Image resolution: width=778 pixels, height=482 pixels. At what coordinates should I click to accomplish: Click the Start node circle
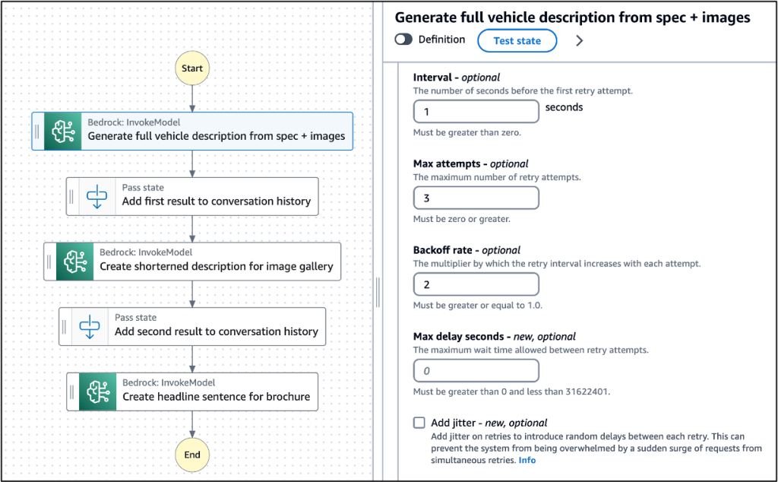pyautogui.click(x=192, y=68)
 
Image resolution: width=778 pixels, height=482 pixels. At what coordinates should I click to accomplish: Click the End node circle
pyautogui.click(x=192, y=455)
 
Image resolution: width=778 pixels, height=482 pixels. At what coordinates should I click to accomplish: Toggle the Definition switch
pyautogui.click(x=403, y=40)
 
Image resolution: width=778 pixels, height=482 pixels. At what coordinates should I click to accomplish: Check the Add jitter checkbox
pyautogui.click(x=419, y=423)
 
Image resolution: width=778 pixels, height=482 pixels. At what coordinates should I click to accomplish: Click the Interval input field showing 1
pyautogui.click(x=476, y=112)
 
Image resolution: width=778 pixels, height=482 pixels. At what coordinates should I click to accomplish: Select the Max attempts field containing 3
pyautogui.click(x=476, y=198)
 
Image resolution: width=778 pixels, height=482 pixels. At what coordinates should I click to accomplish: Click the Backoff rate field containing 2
pyautogui.click(x=476, y=284)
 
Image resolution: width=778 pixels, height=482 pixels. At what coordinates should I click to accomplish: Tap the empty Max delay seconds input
pyautogui.click(x=476, y=371)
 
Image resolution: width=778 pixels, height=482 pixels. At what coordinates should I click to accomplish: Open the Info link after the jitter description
pyautogui.click(x=527, y=460)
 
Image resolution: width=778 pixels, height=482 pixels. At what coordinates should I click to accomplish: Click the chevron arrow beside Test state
pyautogui.click(x=580, y=41)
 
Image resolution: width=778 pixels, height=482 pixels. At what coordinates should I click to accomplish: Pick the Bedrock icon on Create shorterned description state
pyautogui.click(x=74, y=262)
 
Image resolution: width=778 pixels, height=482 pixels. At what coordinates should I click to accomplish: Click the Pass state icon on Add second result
pyautogui.click(x=90, y=326)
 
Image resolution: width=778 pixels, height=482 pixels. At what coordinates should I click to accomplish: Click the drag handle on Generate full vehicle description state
pyautogui.click(x=37, y=132)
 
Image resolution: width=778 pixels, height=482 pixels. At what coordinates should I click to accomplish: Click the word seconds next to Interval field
pyautogui.click(x=564, y=107)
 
